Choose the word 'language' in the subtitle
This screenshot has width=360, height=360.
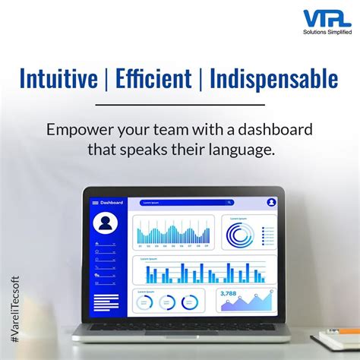coord(239,150)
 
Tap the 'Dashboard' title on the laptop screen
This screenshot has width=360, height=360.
coord(112,203)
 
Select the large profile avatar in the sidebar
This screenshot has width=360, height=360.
coord(106,223)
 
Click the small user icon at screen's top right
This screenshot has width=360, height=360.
coord(271,203)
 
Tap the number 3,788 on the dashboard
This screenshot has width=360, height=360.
coord(229,293)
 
